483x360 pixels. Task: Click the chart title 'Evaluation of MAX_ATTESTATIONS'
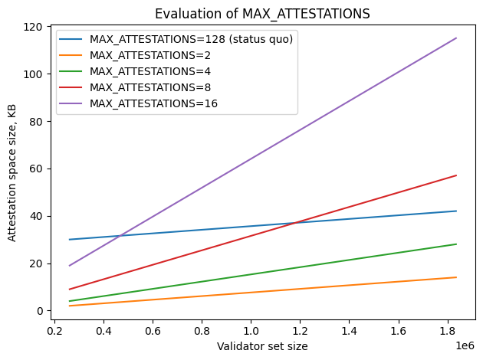(x=262, y=13)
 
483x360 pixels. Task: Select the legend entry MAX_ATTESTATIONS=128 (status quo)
(x=191, y=39)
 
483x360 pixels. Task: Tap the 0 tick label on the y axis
(x=38, y=311)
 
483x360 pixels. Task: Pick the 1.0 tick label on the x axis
(x=251, y=332)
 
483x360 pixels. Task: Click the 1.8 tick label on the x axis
(x=448, y=332)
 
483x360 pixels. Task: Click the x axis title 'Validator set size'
(x=262, y=346)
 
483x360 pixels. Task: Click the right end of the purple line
(x=456, y=38)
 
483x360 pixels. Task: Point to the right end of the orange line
(x=456, y=277)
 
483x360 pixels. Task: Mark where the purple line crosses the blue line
(x=120, y=235)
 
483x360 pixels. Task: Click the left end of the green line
(x=69, y=301)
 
